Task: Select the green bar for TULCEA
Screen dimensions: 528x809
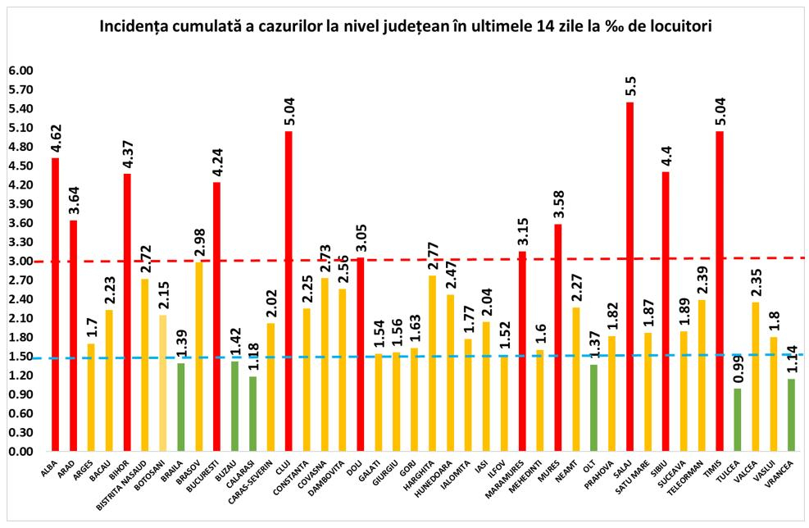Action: pyautogui.click(x=738, y=419)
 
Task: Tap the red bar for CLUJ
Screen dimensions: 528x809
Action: pyautogui.click(x=289, y=291)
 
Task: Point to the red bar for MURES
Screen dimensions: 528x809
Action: pyautogui.click(x=558, y=337)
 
